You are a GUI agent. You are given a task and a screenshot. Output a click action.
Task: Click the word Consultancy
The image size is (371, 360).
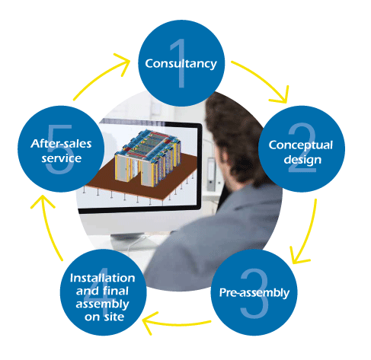[181, 64]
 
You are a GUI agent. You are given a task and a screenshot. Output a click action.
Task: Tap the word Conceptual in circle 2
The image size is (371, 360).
[301, 145]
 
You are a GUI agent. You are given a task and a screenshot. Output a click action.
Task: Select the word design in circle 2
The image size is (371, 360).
[302, 160]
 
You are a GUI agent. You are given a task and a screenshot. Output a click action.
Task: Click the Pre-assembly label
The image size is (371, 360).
[254, 293]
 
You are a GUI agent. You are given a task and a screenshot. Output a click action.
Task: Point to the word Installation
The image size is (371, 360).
[102, 278]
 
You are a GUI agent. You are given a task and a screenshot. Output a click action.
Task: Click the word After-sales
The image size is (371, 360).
[61, 144]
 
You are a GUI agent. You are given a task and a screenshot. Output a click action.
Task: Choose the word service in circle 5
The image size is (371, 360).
[62, 158]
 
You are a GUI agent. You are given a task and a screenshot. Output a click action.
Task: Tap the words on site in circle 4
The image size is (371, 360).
[104, 317]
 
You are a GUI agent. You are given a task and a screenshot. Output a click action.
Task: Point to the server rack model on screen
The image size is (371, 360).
[147, 158]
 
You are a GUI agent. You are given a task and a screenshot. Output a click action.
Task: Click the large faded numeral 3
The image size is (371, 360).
[254, 293]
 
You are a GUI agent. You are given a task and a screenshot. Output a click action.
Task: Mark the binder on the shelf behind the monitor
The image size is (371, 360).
[211, 174]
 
